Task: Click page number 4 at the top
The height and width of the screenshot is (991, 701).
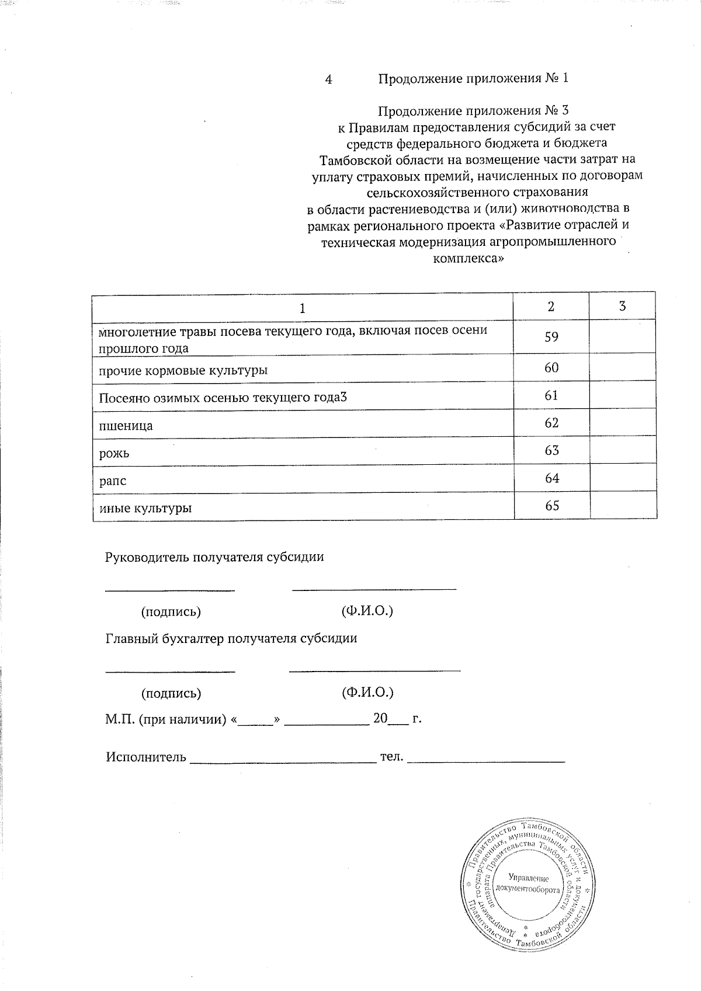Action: click(x=329, y=79)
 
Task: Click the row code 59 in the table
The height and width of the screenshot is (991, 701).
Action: click(x=551, y=337)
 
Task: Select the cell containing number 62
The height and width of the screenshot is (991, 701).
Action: click(x=551, y=423)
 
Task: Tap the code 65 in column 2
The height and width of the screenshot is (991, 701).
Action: click(x=551, y=506)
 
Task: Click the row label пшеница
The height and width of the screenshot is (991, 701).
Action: click(x=126, y=426)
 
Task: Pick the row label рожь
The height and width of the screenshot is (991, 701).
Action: click(x=114, y=454)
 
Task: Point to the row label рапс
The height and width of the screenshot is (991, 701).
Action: click(x=112, y=481)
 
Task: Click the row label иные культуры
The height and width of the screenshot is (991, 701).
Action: click(x=145, y=508)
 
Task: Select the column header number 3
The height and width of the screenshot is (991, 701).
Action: click(x=622, y=306)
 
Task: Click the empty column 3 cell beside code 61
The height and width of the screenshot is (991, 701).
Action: click(x=622, y=395)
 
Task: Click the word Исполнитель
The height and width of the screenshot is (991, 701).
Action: click(x=146, y=757)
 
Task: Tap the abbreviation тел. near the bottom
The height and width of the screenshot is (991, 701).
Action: click(x=392, y=757)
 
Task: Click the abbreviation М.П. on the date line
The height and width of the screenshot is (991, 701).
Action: click(x=120, y=719)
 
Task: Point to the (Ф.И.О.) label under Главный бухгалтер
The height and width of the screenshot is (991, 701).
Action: click(x=367, y=693)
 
